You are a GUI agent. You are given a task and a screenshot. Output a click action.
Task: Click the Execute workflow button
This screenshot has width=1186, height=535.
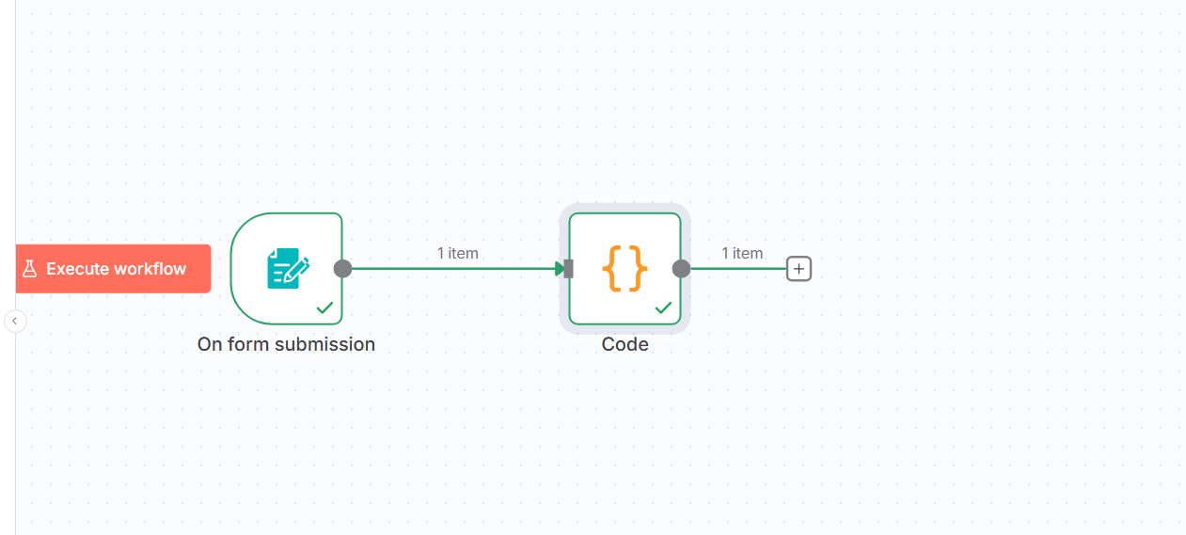pyautogui.click(x=113, y=269)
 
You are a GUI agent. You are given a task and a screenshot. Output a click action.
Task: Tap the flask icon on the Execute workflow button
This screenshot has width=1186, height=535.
pyautogui.click(x=30, y=269)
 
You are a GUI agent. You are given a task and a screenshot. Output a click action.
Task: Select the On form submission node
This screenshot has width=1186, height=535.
pyautogui.click(x=287, y=269)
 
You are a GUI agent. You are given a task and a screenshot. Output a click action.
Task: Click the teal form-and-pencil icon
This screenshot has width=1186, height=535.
pyautogui.click(x=288, y=268)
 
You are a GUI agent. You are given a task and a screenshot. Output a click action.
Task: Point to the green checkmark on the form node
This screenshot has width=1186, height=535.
pyautogui.click(x=324, y=307)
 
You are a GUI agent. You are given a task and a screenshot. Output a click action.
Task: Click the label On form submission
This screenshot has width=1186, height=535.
pyautogui.click(x=286, y=344)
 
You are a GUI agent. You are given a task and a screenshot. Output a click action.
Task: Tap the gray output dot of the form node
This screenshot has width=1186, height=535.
pyautogui.click(x=342, y=269)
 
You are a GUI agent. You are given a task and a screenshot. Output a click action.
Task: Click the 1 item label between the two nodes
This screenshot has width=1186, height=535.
pyautogui.click(x=457, y=254)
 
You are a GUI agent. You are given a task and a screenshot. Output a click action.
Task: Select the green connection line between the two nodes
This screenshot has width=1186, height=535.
pyautogui.click(x=453, y=269)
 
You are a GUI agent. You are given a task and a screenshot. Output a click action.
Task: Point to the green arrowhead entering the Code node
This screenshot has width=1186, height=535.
pyautogui.click(x=560, y=269)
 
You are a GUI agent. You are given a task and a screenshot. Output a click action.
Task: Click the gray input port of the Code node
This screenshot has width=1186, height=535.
pyautogui.click(x=569, y=269)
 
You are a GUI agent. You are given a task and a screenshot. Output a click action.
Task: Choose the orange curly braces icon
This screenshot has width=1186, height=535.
pyautogui.click(x=625, y=268)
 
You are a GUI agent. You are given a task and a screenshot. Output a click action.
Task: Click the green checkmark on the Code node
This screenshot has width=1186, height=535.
pyautogui.click(x=663, y=307)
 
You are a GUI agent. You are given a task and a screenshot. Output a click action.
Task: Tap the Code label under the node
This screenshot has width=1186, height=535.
pyautogui.click(x=625, y=344)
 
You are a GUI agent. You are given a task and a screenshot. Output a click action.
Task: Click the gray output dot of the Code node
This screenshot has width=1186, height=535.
pyautogui.click(x=681, y=269)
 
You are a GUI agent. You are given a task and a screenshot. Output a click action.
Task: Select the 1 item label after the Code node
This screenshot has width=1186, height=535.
pyautogui.click(x=742, y=254)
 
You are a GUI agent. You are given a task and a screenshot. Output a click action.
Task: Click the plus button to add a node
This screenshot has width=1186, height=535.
pyautogui.click(x=799, y=269)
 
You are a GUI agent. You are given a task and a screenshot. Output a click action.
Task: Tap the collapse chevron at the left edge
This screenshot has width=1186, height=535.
pyautogui.click(x=15, y=321)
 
